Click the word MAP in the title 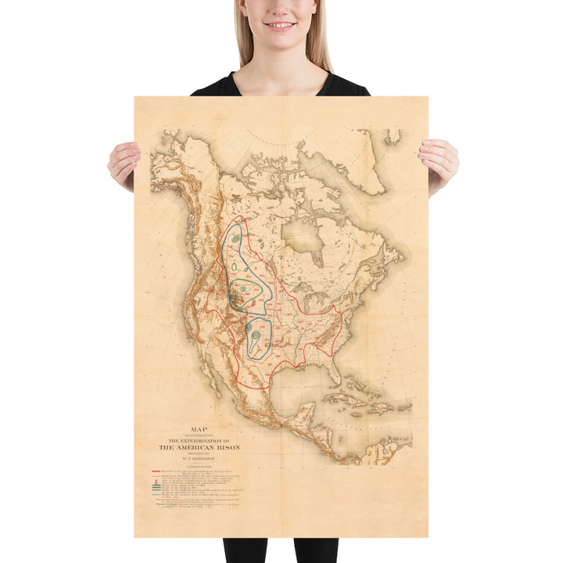(x=188, y=429)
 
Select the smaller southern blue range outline (x=258, y=337)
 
